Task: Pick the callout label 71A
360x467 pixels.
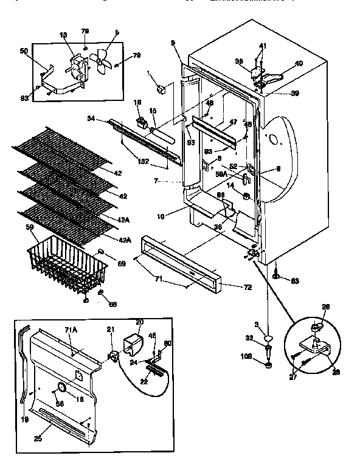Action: (x=71, y=329)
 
